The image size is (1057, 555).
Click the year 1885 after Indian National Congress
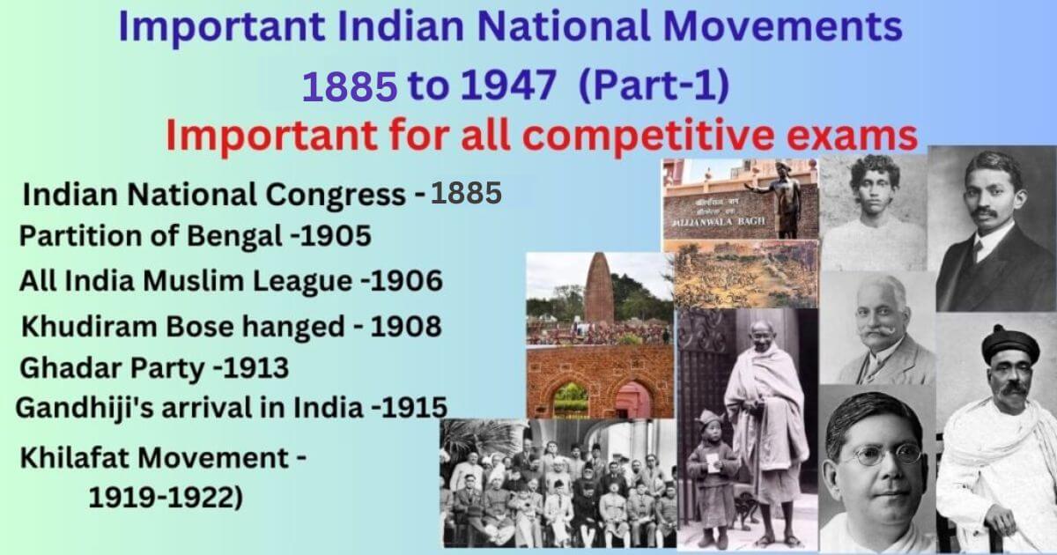[x=465, y=195]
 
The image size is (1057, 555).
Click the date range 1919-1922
[x=165, y=498]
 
